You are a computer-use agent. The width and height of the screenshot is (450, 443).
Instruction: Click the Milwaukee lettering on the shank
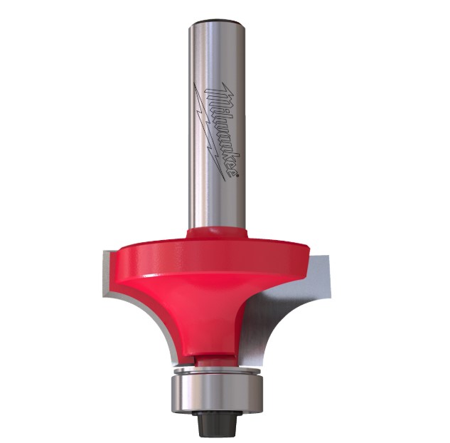click(x=222, y=131)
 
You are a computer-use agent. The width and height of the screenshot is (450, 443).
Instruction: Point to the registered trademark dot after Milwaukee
click(x=237, y=177)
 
